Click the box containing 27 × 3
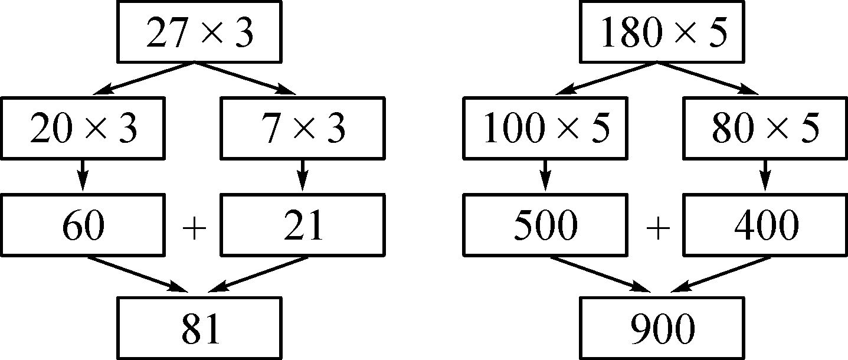(199, 32)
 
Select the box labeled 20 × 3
(83, 129)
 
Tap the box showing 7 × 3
(303, 129)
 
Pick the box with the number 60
(83, 226)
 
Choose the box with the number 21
(303, 226)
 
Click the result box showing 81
(199, 328)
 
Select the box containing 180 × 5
(662, 32)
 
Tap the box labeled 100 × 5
(546, 129)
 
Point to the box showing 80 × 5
(765, 129)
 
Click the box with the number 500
(546, 226)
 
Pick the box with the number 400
(765, 226)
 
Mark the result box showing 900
(662, 328)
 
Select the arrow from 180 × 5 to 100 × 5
(605, 78)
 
